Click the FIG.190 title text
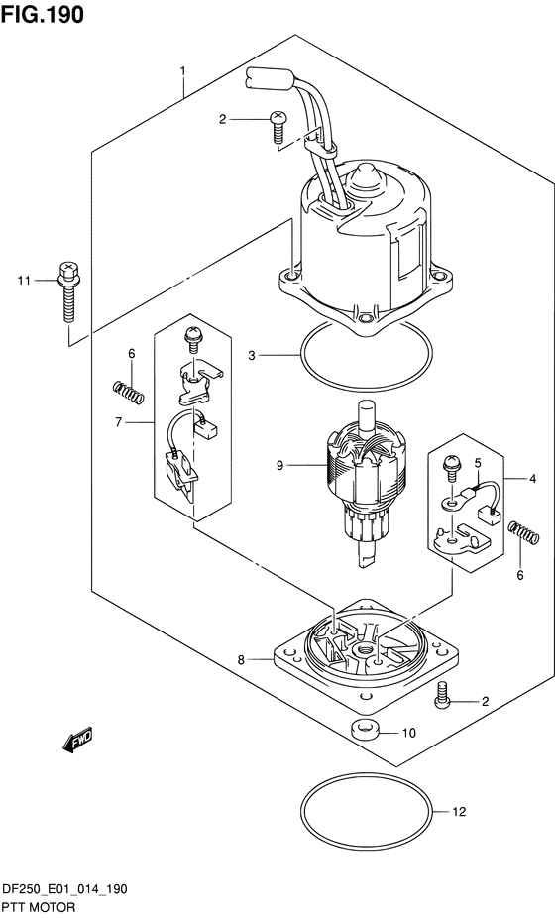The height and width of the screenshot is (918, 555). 43,15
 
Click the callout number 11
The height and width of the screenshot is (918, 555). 24,281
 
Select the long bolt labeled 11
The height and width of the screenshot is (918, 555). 69,292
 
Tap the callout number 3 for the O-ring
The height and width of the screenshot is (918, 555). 251,355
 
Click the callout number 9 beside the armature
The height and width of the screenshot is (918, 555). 279,465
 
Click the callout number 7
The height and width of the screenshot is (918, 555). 118,421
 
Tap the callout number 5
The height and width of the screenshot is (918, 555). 477,463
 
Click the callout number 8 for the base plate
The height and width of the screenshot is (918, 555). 241,660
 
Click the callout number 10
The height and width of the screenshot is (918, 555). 409,733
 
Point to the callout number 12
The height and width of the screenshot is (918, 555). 459,812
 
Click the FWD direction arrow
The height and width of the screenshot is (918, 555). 76,740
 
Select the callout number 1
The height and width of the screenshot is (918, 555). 182,71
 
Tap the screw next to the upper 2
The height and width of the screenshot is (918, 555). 277,126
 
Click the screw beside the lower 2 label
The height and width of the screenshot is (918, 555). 443,695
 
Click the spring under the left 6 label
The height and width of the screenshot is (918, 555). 128,392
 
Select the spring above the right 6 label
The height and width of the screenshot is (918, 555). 523,532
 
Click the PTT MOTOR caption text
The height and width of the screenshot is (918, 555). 39,907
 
